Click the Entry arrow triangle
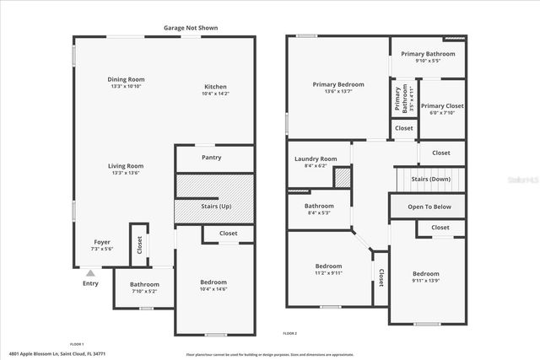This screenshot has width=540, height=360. click(90, 272)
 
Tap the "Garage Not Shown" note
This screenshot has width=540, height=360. click(191, 28)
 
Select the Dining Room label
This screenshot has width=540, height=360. click(126, 79)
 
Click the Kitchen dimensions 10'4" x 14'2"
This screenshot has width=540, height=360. click(215, 94)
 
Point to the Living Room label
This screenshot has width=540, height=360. click(125, 166)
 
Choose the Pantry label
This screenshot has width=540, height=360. click(212, 158)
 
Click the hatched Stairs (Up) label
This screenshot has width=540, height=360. click(214, 207)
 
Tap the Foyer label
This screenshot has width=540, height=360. click(101, 241)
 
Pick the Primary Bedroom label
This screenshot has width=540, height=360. click(338, 84)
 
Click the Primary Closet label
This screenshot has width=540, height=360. click(444, 106)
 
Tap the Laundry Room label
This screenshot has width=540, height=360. click(316, 159)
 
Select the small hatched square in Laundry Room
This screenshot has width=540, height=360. click(343, 178)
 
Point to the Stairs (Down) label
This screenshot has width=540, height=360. click(430, 180)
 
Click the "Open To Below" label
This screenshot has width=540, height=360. click(429, 207)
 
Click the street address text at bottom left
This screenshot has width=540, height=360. click(62, 353)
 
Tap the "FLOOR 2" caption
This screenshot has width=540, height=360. click(290, 334)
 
